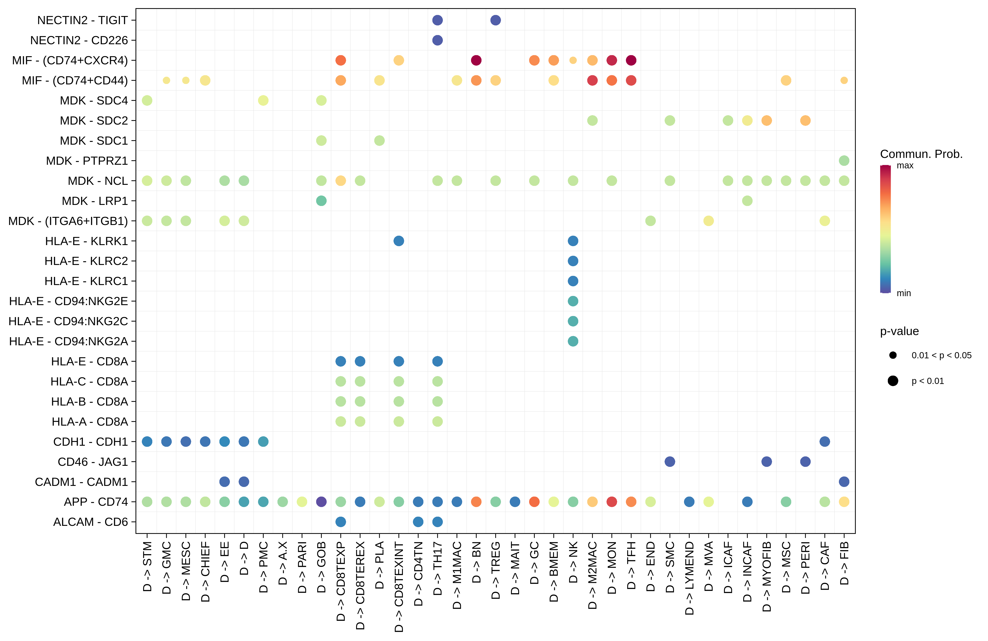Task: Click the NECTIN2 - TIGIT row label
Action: point(82,20)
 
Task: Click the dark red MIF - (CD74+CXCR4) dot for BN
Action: point(476,60)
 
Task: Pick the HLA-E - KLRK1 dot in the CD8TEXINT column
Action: point(399,241)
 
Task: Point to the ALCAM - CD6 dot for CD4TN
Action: point(418,522)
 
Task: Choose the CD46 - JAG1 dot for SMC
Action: point(670,462)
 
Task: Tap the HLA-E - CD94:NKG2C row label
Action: point(68,321)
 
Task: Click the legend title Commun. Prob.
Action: point(921,154)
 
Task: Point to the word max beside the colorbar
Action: point(905,166)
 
